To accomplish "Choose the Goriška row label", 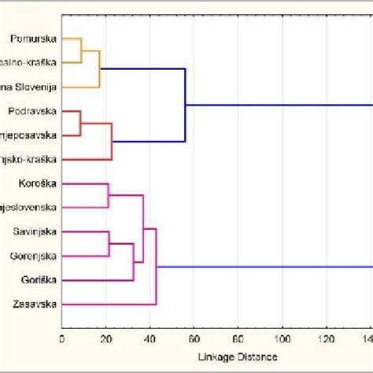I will [x=37, y=279].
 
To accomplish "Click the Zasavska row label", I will [x=35, y=304].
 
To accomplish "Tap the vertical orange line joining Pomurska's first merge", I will [x=81, y=50].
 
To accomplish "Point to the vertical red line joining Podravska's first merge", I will [x=80, y=124].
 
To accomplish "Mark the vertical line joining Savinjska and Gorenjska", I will [x=109, y=244].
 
